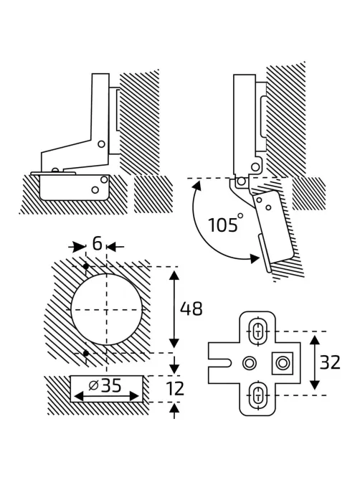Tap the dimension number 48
(x=191, y=309)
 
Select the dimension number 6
(x=97, y=244)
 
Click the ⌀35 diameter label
(x=105, y=385)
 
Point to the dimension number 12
(x=175, y=388)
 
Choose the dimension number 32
(x=330, y=362)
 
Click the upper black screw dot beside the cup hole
(x=86, y=267)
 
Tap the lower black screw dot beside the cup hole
(x=86, y=353)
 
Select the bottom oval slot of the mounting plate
(x=257, y=395)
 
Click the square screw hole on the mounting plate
(x=283, y=363)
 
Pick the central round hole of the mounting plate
(x=250, y=363)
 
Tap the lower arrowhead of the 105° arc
(x=255, y=258)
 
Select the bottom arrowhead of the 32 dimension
(x=315, y=383)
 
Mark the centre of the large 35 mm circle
(x=106, y=310)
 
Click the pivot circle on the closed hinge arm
(x=101, y=143)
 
